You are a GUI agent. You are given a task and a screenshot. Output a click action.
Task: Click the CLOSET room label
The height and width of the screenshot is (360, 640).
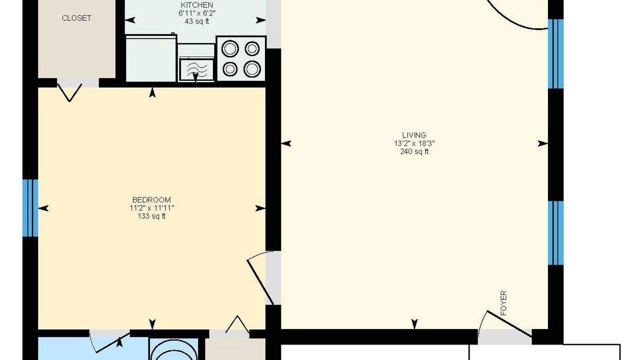76,18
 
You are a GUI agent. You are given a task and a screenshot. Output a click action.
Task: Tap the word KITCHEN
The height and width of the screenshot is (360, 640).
197,5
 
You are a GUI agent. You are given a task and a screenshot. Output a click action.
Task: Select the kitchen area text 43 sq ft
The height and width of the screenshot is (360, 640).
197,21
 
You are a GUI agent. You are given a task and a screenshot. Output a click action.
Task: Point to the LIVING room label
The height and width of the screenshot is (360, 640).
414,135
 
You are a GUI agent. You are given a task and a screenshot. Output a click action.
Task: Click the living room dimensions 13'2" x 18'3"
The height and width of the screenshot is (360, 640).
414,143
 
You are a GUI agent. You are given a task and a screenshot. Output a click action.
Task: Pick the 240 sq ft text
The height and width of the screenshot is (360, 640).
414,151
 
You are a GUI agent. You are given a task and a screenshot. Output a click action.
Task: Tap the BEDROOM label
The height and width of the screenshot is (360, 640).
151,199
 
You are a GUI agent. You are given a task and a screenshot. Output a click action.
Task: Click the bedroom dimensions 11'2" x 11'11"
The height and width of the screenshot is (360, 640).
151,207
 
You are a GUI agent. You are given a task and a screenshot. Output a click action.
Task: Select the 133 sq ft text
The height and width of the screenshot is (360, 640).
151,216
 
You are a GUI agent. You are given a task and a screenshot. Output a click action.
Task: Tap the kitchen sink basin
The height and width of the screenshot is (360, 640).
196,69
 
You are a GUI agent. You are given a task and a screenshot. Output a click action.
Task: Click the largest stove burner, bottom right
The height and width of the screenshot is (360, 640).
252,69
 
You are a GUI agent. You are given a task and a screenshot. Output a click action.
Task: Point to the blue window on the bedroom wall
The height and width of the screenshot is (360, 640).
30,208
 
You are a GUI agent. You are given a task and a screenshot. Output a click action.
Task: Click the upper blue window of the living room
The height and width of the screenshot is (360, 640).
555,53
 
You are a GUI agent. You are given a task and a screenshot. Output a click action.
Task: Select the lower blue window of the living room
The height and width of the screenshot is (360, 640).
555,233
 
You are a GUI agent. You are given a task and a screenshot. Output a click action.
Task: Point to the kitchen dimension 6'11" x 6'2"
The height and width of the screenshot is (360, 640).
197,13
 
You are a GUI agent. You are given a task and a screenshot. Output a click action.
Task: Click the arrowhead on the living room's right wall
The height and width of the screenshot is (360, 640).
543,143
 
